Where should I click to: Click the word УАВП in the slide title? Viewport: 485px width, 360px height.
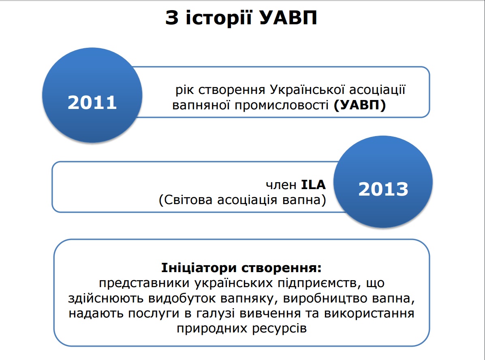[x=288, y=17]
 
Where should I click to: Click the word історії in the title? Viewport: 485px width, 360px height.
[x=218, y=17]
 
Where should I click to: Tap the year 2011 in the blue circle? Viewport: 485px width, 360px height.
[x=92, y=102]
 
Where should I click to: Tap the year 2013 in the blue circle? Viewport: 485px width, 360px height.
[x=383, y=189]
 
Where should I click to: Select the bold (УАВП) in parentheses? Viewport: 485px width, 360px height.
[x=360, y=105]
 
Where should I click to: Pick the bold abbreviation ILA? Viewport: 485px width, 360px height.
[x=313, y=185]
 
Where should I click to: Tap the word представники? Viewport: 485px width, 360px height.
[x=144, y=283]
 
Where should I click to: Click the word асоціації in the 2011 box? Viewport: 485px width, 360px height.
[x=377, y=89]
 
